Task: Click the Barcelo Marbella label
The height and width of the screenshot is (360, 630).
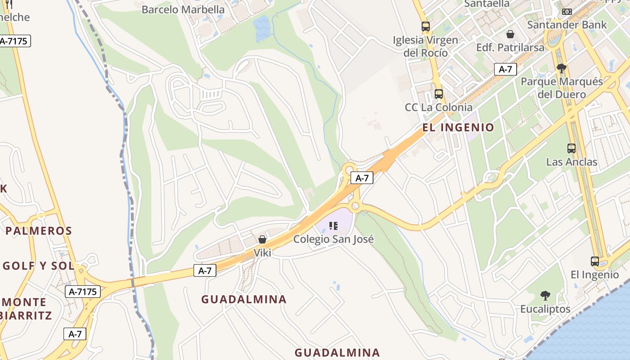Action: (183, 9)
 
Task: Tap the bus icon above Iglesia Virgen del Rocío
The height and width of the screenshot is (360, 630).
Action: (426, 27)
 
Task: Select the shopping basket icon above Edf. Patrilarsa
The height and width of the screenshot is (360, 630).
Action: (510, 34)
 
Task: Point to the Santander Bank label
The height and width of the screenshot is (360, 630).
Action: (567, 24)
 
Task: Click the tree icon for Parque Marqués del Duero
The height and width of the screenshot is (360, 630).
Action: (561, 68)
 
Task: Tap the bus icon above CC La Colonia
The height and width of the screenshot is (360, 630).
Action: (439, 94)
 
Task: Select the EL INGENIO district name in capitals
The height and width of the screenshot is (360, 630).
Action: (458, 127)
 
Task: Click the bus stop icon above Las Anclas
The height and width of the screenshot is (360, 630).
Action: (571, 148)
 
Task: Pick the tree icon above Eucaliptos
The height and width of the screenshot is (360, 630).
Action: (545, 296)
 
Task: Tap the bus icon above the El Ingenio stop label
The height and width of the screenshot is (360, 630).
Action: (595, 261)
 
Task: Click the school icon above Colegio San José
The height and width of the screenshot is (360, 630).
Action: (333, 226)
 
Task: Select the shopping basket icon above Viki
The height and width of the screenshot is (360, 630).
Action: (262, 239)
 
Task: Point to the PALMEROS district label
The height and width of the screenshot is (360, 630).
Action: (39, 231)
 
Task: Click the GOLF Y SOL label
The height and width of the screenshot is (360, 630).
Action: (39, 266)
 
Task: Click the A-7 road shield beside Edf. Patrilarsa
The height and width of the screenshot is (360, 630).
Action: (505, 69)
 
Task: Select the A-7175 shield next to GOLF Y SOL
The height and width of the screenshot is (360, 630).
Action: (83, 292)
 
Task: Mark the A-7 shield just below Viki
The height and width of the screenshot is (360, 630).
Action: (205, 270)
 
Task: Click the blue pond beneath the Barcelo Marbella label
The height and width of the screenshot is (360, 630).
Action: (262, 27)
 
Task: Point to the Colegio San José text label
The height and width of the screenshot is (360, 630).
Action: (333, 239)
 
